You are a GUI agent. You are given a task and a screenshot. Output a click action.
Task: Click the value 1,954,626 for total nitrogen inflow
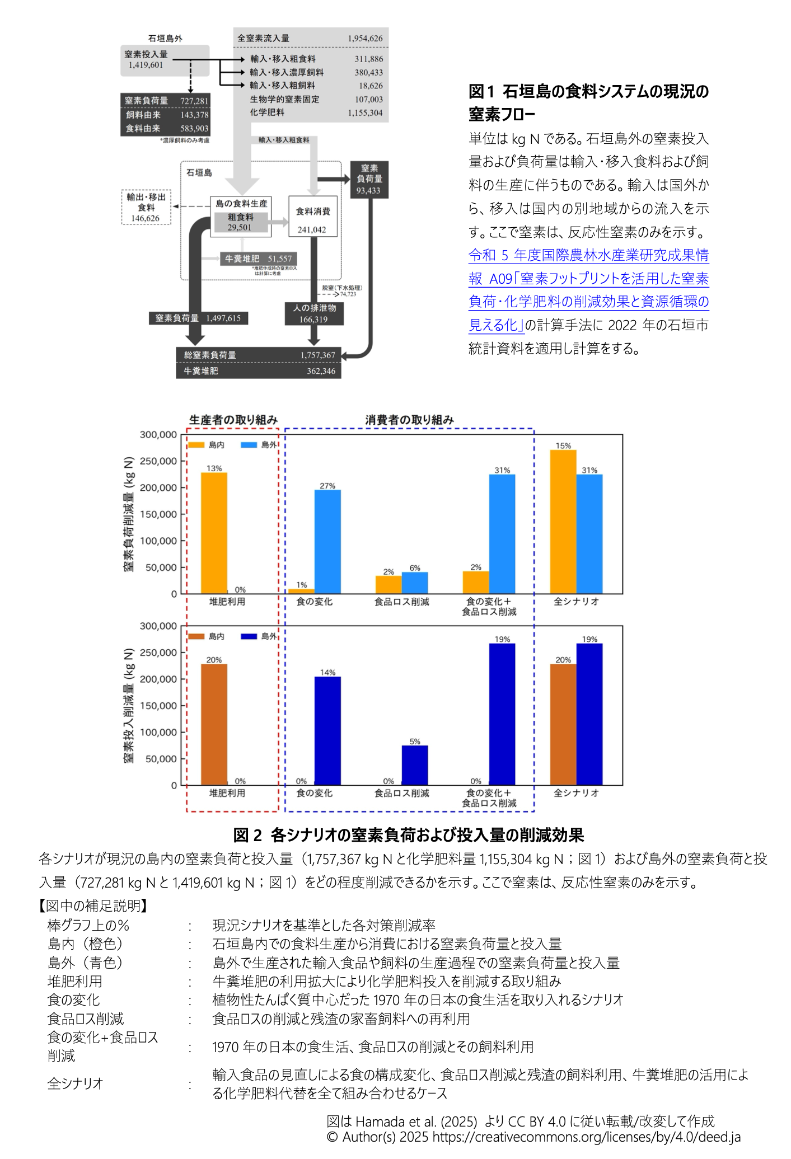pos(365,39)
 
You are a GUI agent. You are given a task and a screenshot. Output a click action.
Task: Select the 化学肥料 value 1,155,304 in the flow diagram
pos(365,112)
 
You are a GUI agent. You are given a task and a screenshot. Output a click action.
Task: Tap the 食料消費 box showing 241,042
pos(312,216)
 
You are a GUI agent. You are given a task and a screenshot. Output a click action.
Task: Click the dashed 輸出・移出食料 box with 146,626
pos(146,207)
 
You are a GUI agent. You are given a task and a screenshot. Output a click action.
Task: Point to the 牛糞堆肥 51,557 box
pos(258,259)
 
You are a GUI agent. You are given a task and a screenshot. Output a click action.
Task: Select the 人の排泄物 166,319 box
pos(314,313)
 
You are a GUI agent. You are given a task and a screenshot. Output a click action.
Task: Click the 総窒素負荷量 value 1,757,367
pos(317,355)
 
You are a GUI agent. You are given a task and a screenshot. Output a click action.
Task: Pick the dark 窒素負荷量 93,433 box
pos(369,179)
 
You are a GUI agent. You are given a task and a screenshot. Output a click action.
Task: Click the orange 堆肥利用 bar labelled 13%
pos(214,532)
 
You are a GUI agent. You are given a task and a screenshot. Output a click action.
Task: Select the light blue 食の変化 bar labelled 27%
pos(327,541)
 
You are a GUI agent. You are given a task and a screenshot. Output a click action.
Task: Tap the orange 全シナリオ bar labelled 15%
pos(563,520)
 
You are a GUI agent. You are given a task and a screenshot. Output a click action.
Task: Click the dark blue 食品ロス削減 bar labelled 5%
pos(415,765)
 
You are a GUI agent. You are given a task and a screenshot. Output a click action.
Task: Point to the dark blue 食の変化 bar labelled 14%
pos(327,730)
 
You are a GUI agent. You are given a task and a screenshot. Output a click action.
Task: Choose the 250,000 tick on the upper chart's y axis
pos(158,461)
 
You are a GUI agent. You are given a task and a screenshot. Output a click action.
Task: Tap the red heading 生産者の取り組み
pos(233,419)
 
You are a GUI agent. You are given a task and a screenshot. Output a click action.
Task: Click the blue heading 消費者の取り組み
pos(409,419)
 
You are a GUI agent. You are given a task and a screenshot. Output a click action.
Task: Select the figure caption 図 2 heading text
pos(408,835)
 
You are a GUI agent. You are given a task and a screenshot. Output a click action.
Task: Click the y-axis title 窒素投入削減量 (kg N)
pos(129,705)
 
